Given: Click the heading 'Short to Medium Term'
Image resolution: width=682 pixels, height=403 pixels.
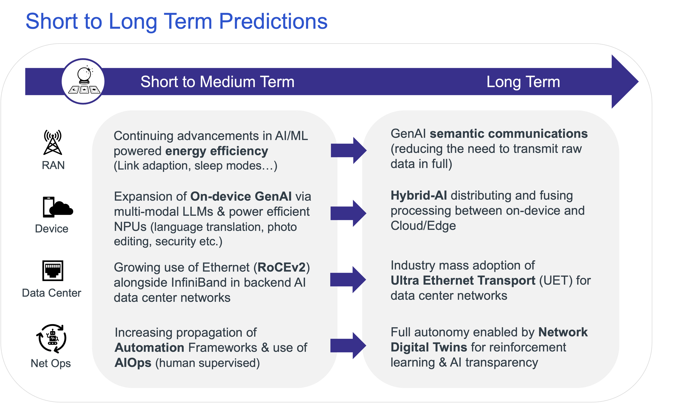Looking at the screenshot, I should tap(217, 82).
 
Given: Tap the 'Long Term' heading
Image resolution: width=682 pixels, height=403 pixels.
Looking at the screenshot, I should tap(523, 82).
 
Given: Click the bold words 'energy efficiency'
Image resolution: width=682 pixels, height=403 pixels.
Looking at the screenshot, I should tap(216, 151).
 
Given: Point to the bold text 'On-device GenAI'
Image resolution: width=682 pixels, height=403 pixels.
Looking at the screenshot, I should tap(241, 196).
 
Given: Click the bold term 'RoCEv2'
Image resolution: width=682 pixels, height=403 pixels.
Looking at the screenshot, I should tap(282, 268).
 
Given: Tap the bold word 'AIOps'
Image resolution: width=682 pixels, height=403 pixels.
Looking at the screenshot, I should tap(133, 363).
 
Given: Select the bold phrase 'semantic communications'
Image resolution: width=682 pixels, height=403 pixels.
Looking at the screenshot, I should tap(508, 134).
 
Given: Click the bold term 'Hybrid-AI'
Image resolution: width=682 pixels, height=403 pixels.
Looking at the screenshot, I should tap(419, 195).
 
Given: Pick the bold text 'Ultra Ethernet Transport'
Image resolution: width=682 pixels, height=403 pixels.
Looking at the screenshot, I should tap(463, 281).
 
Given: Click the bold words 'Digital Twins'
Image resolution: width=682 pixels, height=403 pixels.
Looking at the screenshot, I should tap(429, 347).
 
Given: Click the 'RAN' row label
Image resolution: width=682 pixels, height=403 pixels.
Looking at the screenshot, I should tap(53, 166).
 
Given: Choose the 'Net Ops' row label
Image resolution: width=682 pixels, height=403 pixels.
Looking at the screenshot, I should tap(50, 363).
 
